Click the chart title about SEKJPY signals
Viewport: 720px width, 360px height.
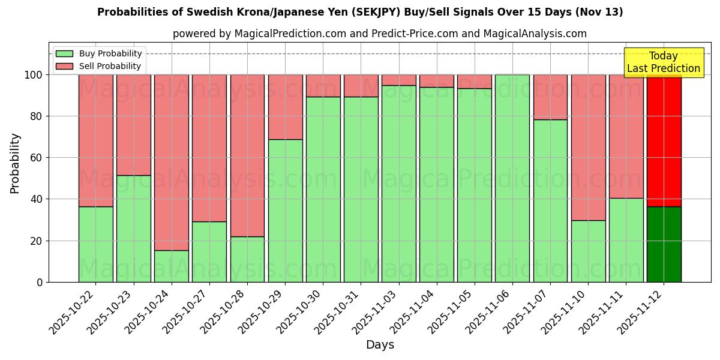click(360, 12)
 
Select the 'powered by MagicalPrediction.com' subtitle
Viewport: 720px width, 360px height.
click(379, 34)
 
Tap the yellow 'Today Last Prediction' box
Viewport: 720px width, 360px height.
click(663, 62)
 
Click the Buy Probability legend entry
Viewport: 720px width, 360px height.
click(99, 53)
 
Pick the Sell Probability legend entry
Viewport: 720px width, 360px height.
click(99, 66)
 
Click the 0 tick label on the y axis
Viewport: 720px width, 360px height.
click(40, 282)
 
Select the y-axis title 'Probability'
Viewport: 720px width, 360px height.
click(15, 163)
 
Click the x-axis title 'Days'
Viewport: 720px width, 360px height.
click(380, 345)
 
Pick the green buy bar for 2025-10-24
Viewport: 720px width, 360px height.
click(172, 266)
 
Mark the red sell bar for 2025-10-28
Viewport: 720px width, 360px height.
click(247, 155)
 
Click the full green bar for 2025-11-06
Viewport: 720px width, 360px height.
click(512, 178)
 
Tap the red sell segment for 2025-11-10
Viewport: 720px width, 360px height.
click(588, 148)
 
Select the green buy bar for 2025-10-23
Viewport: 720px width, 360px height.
click(134, 229)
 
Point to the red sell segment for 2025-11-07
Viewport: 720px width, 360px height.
click(550, 97)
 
